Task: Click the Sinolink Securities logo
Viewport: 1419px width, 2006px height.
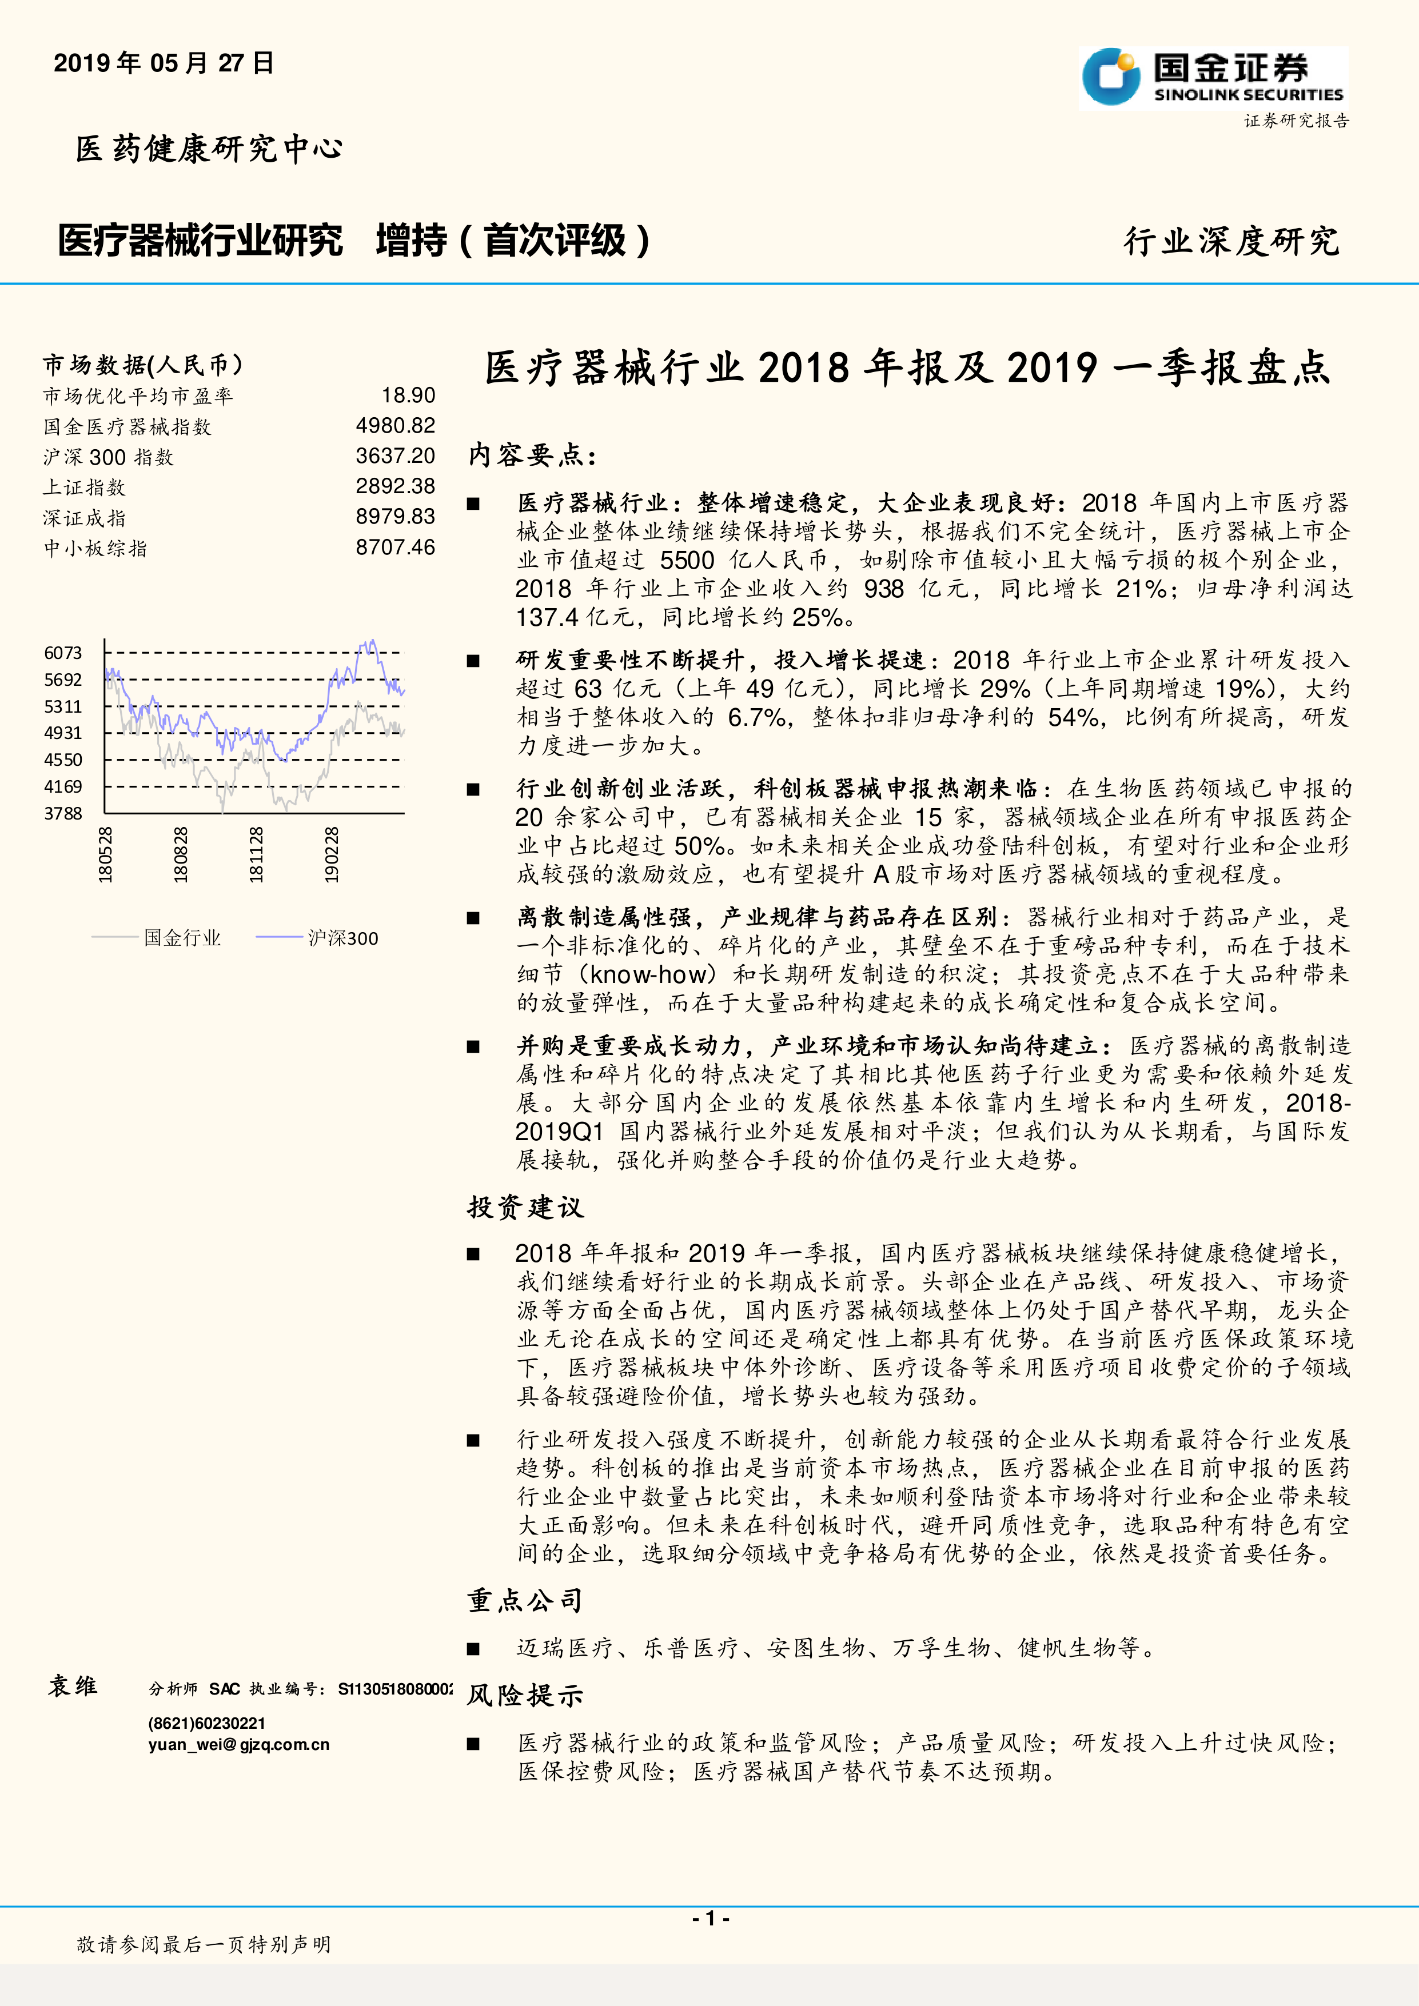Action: (x=1213, y=79)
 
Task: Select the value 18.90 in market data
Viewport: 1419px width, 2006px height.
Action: (x=408, y=396)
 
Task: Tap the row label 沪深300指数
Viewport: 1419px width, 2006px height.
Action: (x=109, y=457)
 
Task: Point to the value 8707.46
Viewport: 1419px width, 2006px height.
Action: (x=395, y=548)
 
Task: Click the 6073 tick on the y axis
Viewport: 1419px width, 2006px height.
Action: (x=63, y=653)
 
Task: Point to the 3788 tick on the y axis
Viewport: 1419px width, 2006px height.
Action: (x=63, y=813)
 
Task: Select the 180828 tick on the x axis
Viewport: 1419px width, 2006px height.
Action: (x=181, y=854)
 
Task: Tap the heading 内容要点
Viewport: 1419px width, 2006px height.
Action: (x=532, y=455)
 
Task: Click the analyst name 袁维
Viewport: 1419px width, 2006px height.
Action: (x=73, y=1685)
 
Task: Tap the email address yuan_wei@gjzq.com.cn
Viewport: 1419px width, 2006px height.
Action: (x=238, y=1745)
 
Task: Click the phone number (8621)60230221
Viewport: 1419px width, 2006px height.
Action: (x=206, y=1723)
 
